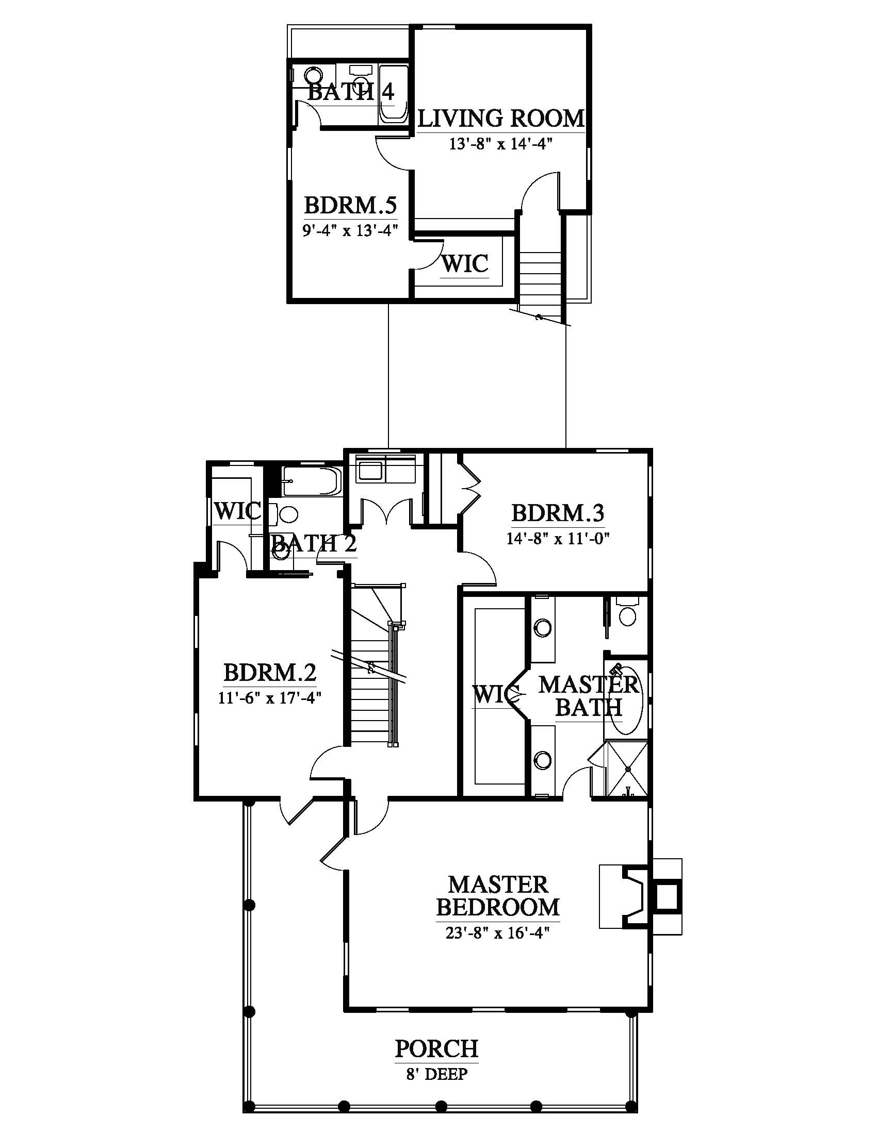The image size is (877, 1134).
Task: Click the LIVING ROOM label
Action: click(x=501, y=119)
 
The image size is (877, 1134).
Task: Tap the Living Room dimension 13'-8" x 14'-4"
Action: click(x=500, y=144)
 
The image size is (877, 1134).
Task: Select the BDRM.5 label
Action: click(x=350, y=205)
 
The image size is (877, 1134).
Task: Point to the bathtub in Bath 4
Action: click(x=393, y=93)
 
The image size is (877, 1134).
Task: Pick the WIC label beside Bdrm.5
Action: click(x=465, y=263)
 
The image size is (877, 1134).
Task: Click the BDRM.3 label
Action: click(x=558, y=513)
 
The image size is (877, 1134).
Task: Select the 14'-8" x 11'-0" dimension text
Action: click(x=558, y=539)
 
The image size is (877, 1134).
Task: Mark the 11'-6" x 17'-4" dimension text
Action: click(x=270, y=698)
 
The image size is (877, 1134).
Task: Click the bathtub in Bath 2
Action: click(x=312, y=481)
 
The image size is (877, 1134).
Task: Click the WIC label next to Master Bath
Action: click(x=496, y=694)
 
